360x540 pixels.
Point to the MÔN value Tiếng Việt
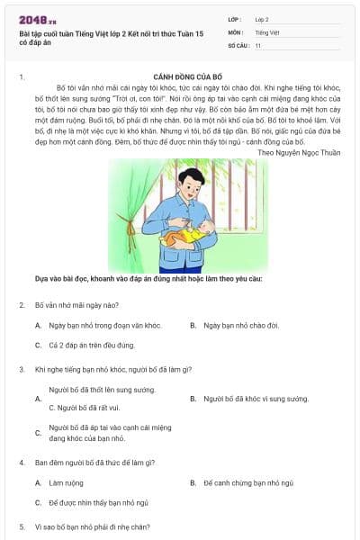click(x=267, y=31)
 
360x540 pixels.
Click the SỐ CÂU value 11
click(x=258, y=44)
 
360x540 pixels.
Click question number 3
click(x=22, y=369)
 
